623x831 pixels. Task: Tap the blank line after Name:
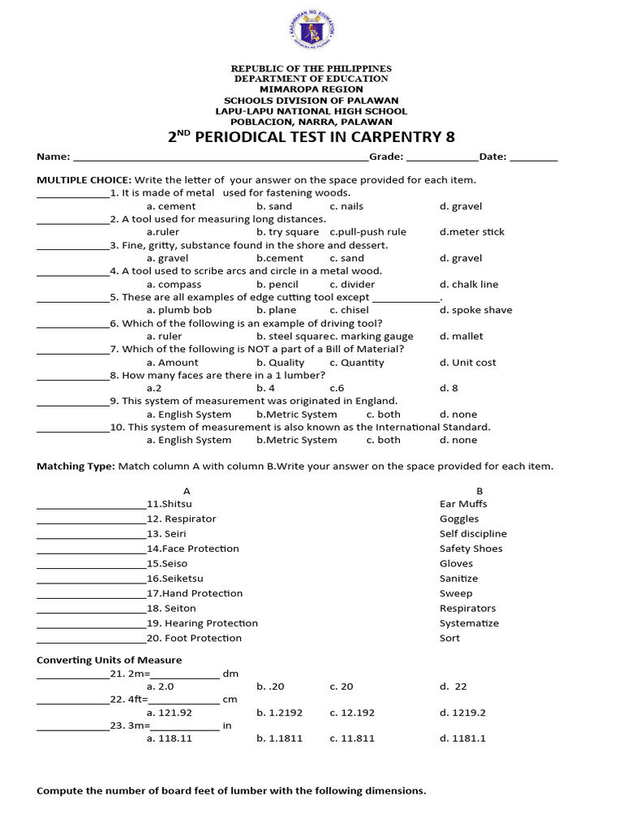click(x=220, y=158)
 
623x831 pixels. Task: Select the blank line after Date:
click(x=534, y=158)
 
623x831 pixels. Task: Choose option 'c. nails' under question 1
click(x=346, y=206)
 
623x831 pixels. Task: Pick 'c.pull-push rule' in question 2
click(x=367, y=232)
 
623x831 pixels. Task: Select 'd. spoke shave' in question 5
click(x=475, y=310)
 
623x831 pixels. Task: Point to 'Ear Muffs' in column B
click(x=463, y=504)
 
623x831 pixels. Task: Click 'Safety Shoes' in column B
click(x=470, y=549)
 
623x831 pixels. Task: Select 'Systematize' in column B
click(x=469, y=623)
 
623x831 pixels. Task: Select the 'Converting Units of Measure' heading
click(x=110, y=660)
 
